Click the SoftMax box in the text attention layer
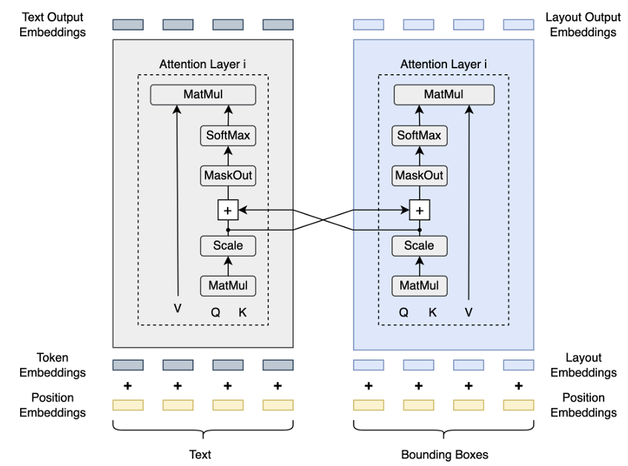[x=228, y=136]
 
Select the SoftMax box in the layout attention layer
[x=419, y=135]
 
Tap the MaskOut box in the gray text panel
[x=228, y=176]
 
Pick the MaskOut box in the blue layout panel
[x=419, y=176]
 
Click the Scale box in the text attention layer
[x=228, y=246]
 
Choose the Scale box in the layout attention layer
[x=419, y=246]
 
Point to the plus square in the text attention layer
[x=228, y=211]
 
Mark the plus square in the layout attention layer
[x=420, y=211]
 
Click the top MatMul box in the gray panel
[x=202, y=94]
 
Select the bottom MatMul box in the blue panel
[x=419, y=286]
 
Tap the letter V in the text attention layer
[x=177, y=308]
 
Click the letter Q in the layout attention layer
[x=403, y=312]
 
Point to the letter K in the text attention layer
[x=242, y=312]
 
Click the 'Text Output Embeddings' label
[x=53, y=24]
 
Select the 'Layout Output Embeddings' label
[x=581, y=24]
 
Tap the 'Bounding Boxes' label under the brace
[x=443, y=454]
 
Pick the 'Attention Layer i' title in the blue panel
[x=443, y=65]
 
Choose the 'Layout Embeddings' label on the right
[x=583, y=365]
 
